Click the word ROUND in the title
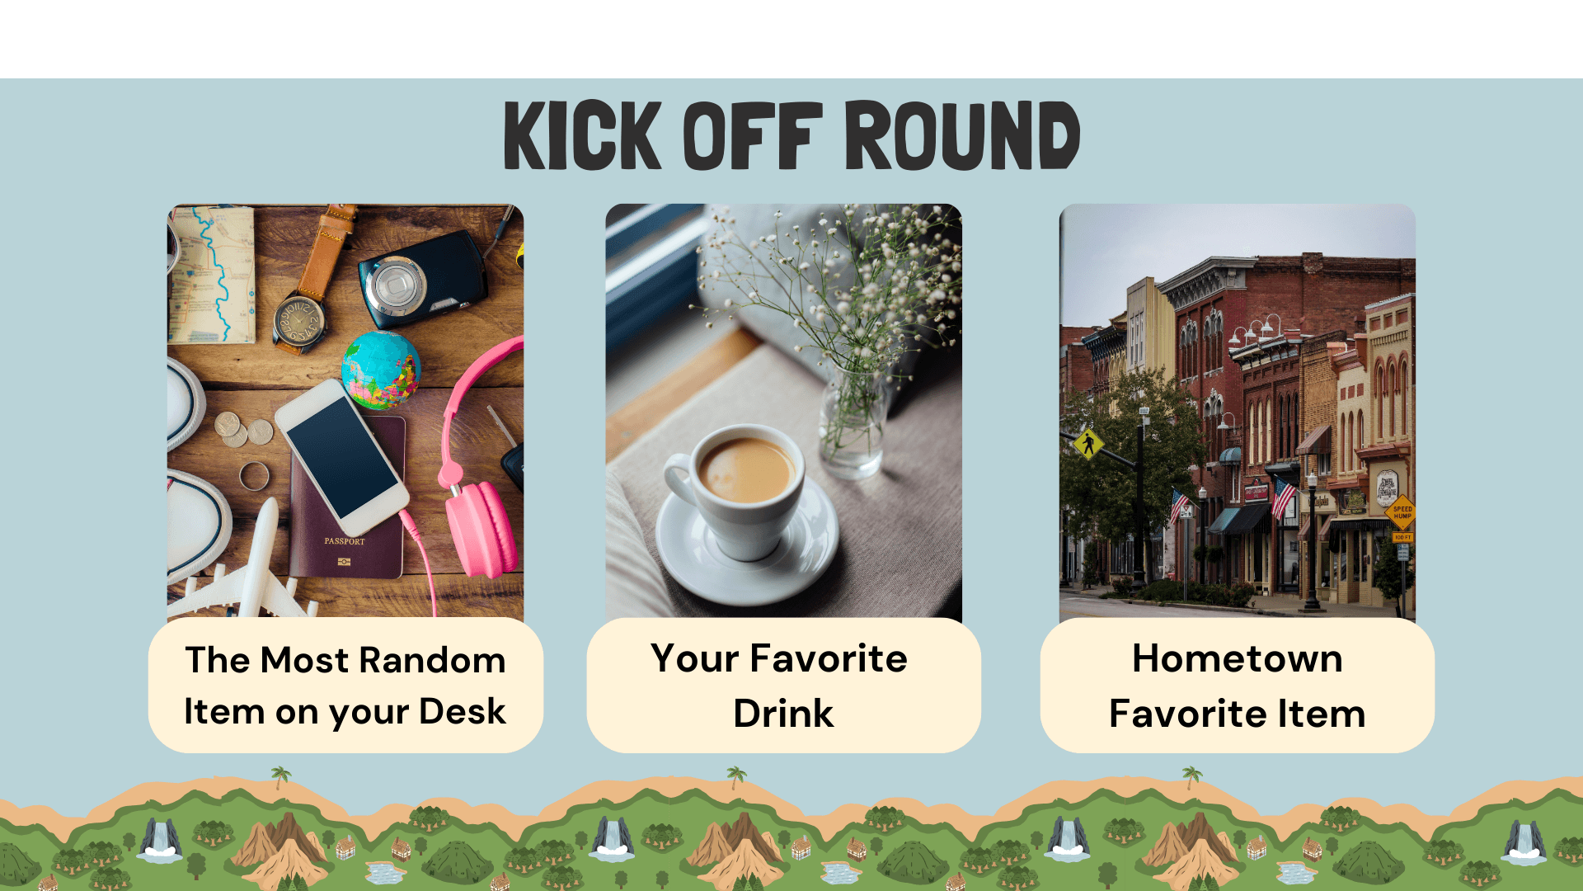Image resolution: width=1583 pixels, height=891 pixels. click(x=962, y=135)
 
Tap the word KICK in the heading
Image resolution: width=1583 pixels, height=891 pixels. click(x=582, y=135)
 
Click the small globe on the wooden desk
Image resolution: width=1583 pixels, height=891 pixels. click(x=381, y=370)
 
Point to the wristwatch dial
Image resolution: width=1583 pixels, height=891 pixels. click(x=298, y=321)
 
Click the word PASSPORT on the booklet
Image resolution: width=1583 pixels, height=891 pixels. click(x=345, y=541)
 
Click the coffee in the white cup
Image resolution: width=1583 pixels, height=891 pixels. click(x=745, y=470)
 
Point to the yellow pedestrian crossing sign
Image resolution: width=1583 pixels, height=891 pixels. click(x=1089, y=445)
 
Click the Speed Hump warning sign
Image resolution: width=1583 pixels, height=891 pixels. click(x=1402, y=512)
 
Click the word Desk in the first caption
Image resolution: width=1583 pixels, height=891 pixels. click(x=462, y=712)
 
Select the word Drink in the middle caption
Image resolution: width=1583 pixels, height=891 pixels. click(x=783, y=714)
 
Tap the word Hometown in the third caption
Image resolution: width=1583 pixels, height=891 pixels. click(x=1237, y=658)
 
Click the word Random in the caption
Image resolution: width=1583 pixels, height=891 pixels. click(x=432, y=661)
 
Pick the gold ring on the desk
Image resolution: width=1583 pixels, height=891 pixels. click(x=254, y=476)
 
